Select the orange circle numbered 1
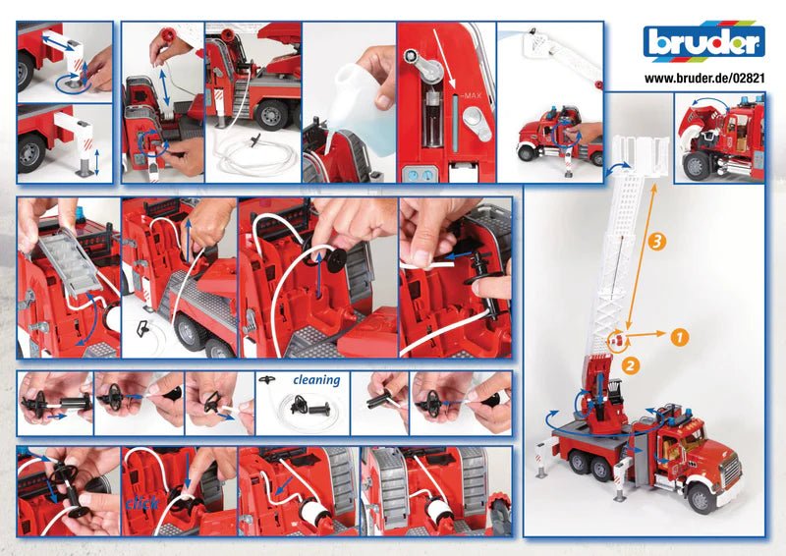coord(680,336)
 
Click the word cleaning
coord(315,380)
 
